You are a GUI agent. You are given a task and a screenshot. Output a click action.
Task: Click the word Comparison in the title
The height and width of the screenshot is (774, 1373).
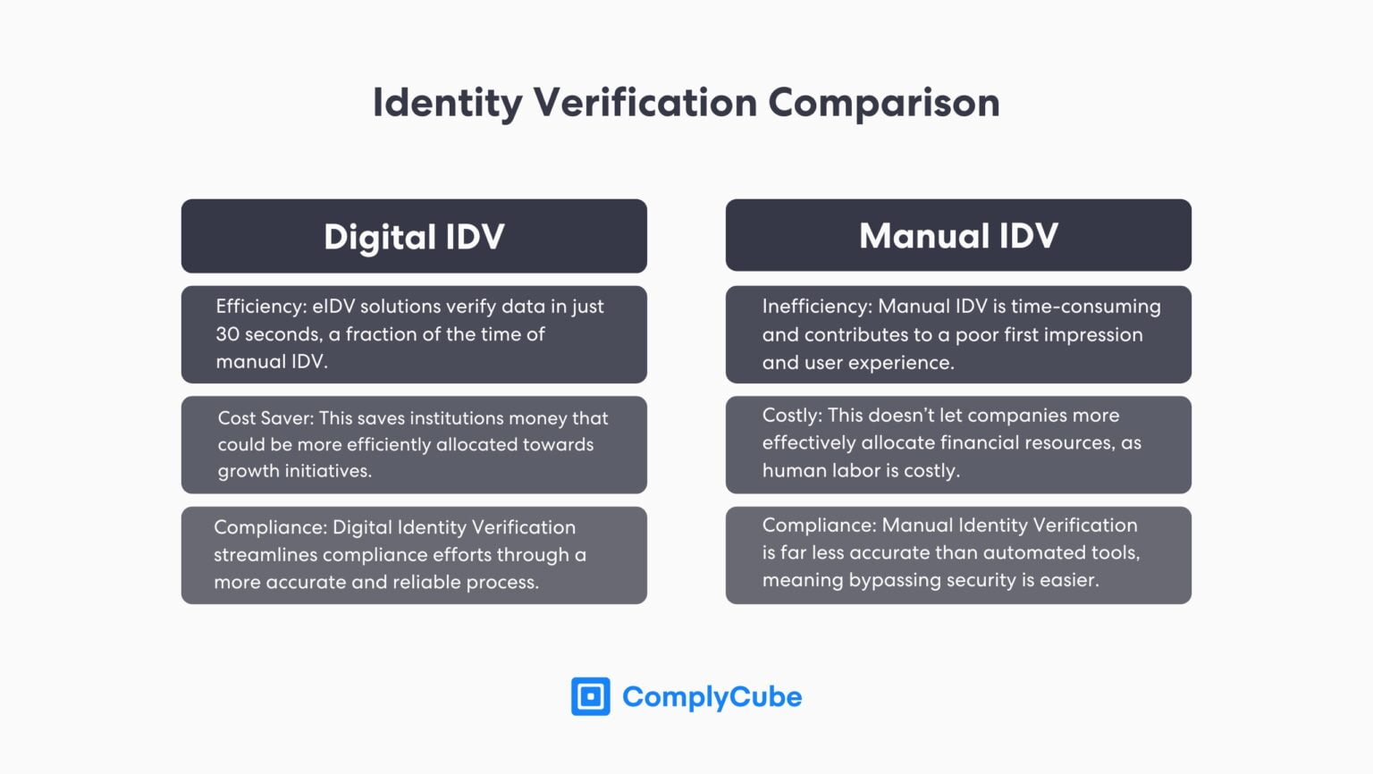pyautogui.click(x=883, y=103)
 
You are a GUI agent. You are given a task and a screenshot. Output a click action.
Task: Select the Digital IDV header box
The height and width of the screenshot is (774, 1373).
pyautogui.click(x=414, y=236)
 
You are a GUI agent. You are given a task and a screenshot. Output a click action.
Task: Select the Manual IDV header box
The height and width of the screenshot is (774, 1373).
pyautogui.click(x=958, y=235)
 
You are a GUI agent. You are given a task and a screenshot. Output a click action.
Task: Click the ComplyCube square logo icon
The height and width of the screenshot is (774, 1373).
pyautogui.click(x=591, y=696)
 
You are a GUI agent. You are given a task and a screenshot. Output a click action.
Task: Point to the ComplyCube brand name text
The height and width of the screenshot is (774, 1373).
pyautogui.click(x=712, y=697)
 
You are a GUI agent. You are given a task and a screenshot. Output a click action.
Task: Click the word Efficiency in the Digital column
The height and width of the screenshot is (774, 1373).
pyautogui.click(x=260, y=307)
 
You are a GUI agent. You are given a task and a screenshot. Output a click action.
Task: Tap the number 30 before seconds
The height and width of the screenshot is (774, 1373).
pyautogui.click(x=227, y=334)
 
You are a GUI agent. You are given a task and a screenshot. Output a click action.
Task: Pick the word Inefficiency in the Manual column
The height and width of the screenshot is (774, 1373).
pyautogui.click(x=815, y=307)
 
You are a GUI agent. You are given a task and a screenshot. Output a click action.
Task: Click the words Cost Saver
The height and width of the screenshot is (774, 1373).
pyautogui.click(x=265, y=418)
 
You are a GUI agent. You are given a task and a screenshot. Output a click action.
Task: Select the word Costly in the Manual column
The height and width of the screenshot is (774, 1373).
pyautogui.click(x=790, y=416)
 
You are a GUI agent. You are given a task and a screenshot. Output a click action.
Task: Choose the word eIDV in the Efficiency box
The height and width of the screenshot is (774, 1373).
pyautogui.click(x=335, y=307)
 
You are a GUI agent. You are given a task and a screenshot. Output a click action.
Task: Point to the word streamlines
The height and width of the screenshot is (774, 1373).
pyautogui.click(x=265, y=555)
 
